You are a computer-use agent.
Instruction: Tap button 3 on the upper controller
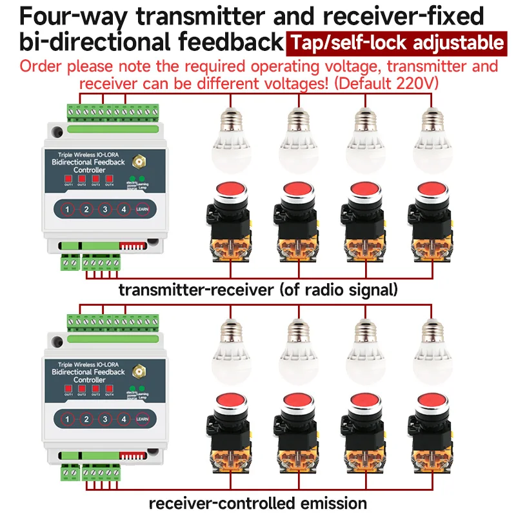[x=104, y=210]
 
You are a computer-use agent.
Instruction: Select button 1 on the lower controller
[x=66, y=419]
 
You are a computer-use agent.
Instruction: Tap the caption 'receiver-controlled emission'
[x=258, y=502]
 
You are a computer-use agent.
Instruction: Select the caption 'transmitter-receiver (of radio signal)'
[x=258, y=290]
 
